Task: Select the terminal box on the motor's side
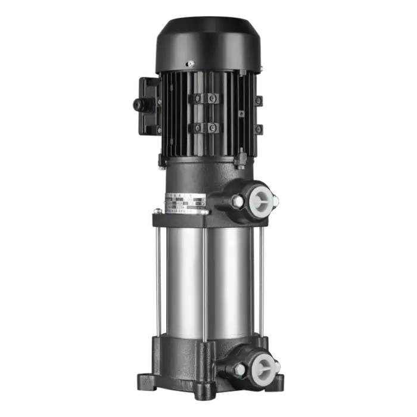pos(146,104)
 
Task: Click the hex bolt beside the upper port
pos(238,203)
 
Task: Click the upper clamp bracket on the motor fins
pos(204,98)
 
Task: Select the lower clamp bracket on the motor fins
pos(204,127)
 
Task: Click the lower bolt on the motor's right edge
pos(259,129)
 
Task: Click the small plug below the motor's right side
pos(242,158)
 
